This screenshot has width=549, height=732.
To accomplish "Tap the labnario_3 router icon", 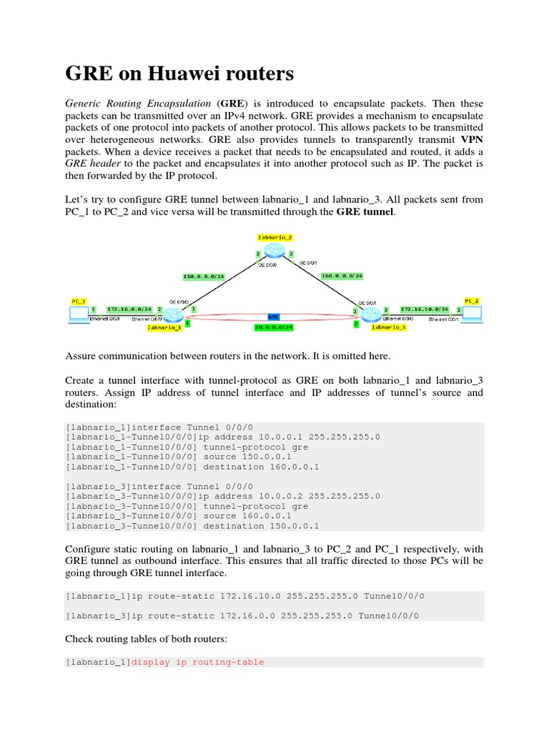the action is tap(371, 312).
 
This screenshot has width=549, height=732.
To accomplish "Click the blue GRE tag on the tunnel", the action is tap(273, 316).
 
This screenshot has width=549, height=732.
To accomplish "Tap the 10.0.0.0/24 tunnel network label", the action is tap(273, 328).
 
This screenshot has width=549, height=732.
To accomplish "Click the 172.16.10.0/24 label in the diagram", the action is tap(424, 309).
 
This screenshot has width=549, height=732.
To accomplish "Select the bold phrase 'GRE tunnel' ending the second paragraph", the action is tap(365, 212).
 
